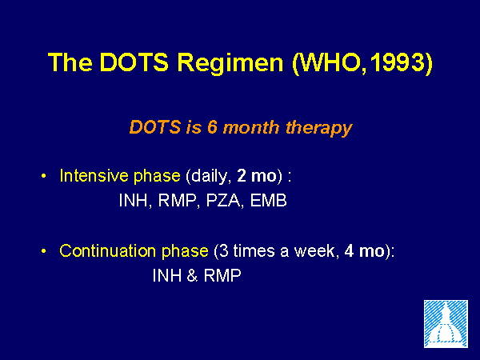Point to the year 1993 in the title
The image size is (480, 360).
point(397,62)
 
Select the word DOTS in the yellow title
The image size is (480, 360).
point(134,62)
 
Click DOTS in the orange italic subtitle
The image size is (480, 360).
point(155,126)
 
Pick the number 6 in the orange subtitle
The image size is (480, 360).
point(212,126)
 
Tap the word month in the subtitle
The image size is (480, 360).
point(251,126)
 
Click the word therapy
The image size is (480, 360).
point(319,129)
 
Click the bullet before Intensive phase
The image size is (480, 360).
point(44,176)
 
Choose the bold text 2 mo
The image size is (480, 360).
point(257,176)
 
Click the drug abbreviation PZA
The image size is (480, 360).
point(223,201)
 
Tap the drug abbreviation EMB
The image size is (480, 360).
point(268,201)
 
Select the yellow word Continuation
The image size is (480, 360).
point(108,250)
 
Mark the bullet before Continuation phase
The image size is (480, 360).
point(44,251)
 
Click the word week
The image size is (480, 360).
point(314,251)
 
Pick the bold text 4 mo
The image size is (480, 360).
point(364,251)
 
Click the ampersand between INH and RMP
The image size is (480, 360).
point(192,275)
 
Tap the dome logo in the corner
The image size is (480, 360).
point(446,324)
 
